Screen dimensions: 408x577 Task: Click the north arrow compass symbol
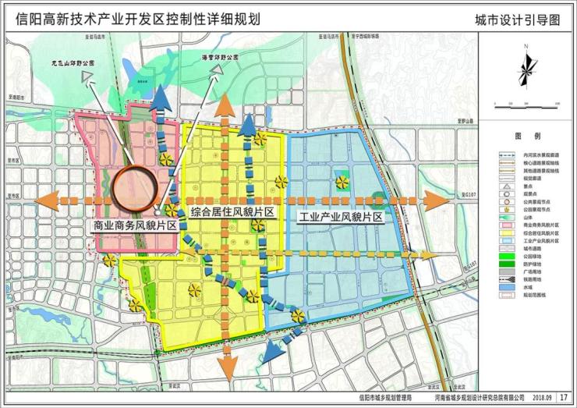[526, 69]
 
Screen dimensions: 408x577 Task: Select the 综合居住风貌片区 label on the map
[232, 212]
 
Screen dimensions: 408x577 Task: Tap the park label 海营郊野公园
[216, 57]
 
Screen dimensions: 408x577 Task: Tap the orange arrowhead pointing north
[225, 103]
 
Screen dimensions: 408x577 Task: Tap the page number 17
[563, 398]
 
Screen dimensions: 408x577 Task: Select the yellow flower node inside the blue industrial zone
[342, 183]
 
